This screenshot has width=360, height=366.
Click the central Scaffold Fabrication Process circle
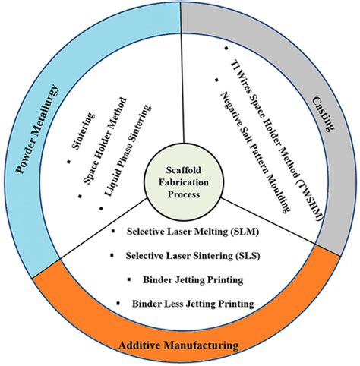pos(179,183)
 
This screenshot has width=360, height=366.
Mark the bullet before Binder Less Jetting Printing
pos(118,304)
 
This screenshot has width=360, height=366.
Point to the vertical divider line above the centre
pos(182,91)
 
